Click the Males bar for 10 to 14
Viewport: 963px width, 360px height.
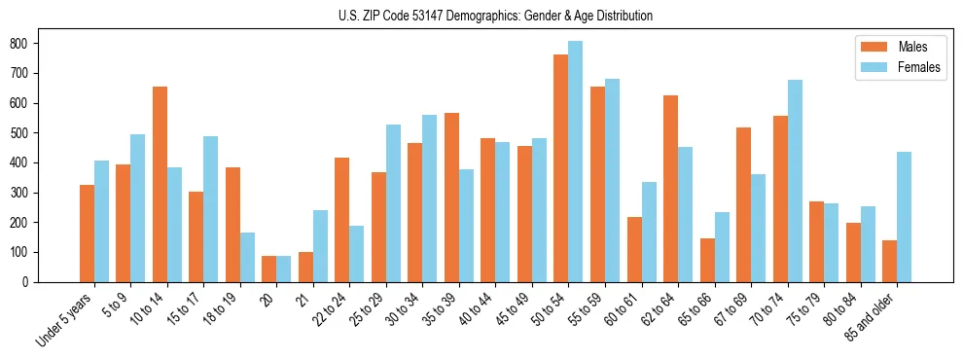160,184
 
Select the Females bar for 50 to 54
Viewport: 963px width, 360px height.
576,162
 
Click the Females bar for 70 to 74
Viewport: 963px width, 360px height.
795,181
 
